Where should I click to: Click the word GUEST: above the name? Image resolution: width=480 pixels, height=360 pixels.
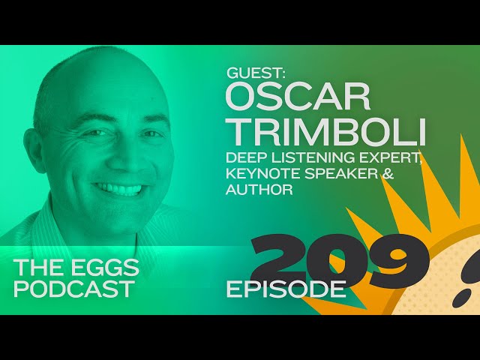[x=256, y=73]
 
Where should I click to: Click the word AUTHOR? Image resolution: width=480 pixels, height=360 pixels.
[x=259, y=190]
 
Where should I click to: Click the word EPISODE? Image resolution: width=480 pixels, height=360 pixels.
[x=286, y=289]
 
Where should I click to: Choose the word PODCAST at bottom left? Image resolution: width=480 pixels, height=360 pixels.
[x=74, y=288]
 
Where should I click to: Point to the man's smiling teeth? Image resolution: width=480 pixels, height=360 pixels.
[x=118, y=187]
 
